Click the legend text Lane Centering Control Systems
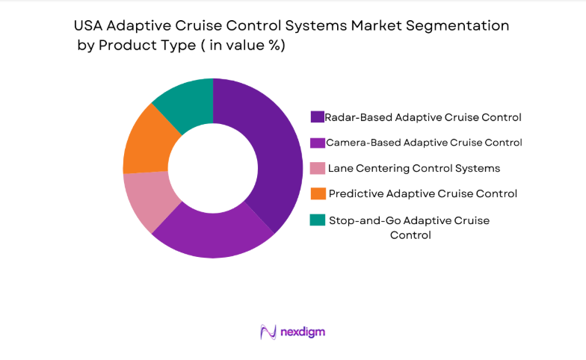(414, 168)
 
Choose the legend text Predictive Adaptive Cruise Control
(422, 193)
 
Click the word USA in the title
(90, 26)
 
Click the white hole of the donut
(213, 168)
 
